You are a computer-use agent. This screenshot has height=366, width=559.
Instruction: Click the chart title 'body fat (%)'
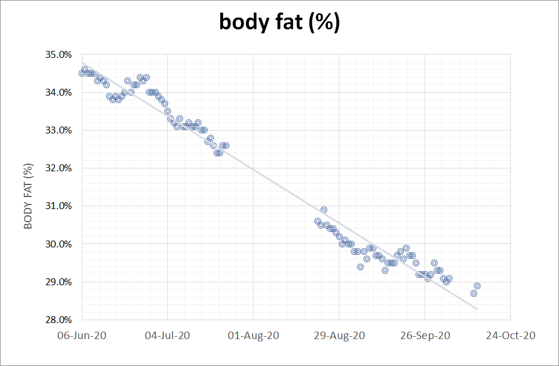(x=279, y=22)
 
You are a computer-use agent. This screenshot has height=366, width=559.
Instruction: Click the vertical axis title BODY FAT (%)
(x=28, y=196)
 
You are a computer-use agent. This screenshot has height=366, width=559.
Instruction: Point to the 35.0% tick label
(x=59, y=55)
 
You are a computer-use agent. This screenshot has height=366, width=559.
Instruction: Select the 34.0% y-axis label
(x=59, y=93)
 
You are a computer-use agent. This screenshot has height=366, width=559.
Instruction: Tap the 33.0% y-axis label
(x=59, y=131)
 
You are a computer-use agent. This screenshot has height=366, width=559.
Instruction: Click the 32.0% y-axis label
(x=59, y=168)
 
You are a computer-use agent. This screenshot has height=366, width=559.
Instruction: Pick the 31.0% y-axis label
(x=59, y=206)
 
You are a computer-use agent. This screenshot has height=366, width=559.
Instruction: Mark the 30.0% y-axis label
(x=59, y=245)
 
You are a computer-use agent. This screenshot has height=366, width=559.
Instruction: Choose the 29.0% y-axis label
(x=59, y=282)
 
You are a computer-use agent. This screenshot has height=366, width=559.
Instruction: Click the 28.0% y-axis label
(x=59, y=320)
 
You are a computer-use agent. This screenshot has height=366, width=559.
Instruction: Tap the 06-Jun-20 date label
(x=81, y=336)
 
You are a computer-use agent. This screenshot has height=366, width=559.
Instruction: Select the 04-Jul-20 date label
(x=167, y=336)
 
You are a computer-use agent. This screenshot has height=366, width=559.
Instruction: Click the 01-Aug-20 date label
(x=253, y=336)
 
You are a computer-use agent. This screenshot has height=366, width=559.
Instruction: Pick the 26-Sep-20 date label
(x=425, y=336)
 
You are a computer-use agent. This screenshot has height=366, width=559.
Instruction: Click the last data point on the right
(x=477, y=286)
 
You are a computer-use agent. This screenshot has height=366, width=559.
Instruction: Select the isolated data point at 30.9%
(x=324, y=210)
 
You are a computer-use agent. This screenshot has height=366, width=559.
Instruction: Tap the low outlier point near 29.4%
(x=360, y=267)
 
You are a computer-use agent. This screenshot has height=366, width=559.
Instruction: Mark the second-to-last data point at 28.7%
(x=474, y=293)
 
